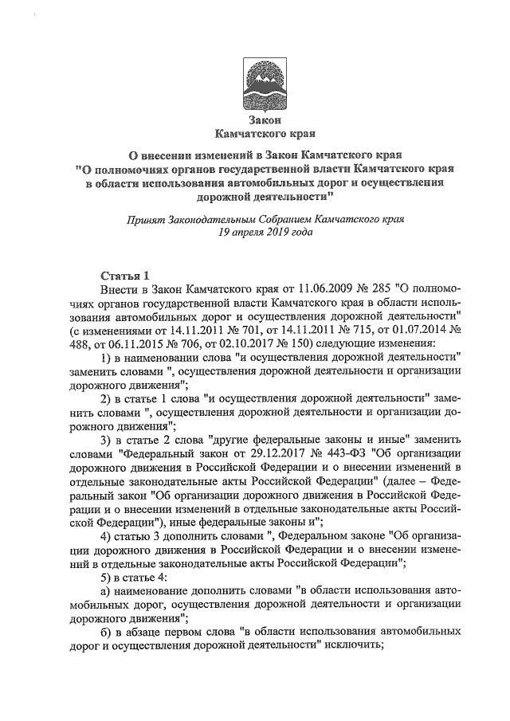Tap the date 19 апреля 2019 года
click(x=255, y=233)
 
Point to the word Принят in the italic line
click(x=145, y=220)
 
